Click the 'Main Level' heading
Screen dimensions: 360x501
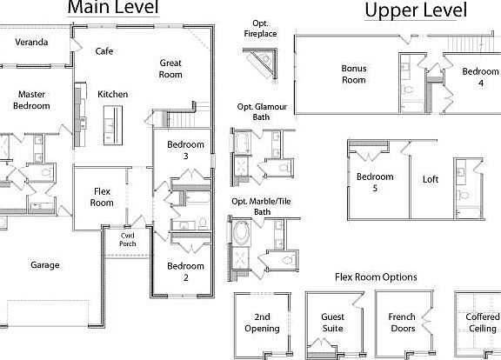(x=113, y=9)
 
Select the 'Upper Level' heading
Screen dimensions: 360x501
(x=415, y=10)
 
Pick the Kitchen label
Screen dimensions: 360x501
(x=113, y=94)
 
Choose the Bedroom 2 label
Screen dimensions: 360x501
(x=185, y=272)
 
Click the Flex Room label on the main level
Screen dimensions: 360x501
(x=102, y=197)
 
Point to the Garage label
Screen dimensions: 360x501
(x=44, y=265)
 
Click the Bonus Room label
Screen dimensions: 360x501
(x=353, y=74)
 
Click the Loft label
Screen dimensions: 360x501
(x=431, y=180)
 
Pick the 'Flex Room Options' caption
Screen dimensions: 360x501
(x=376, y=277)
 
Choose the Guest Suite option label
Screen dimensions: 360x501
(x=332, y=323)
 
